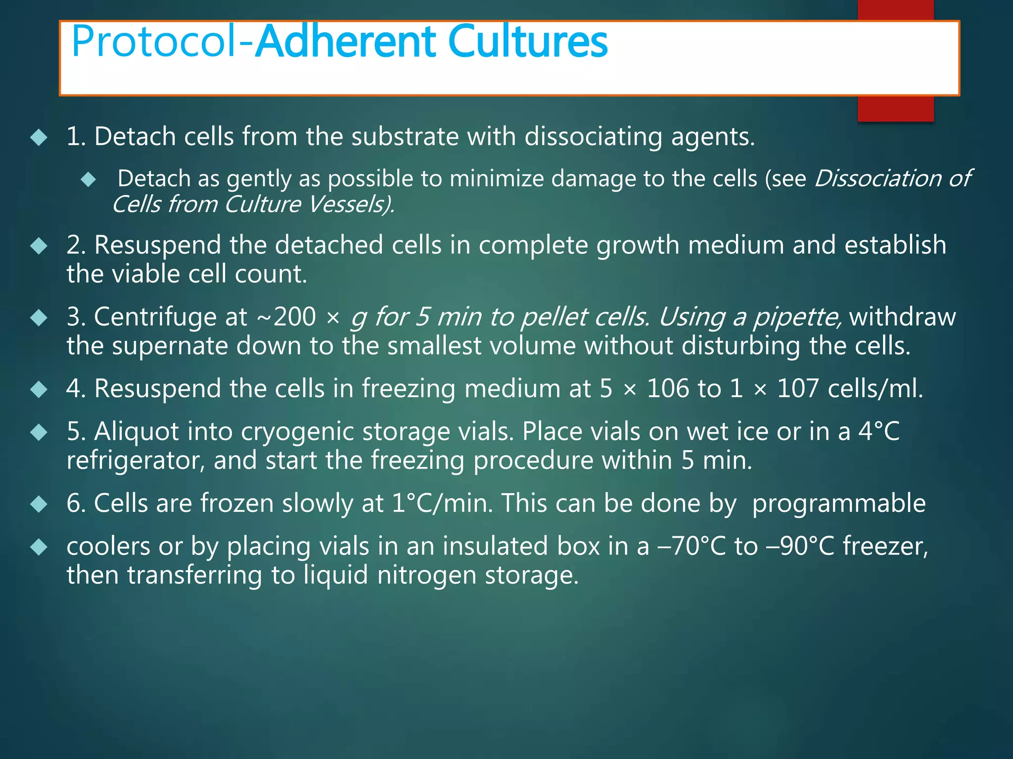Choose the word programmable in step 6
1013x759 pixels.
click(838, 504)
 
